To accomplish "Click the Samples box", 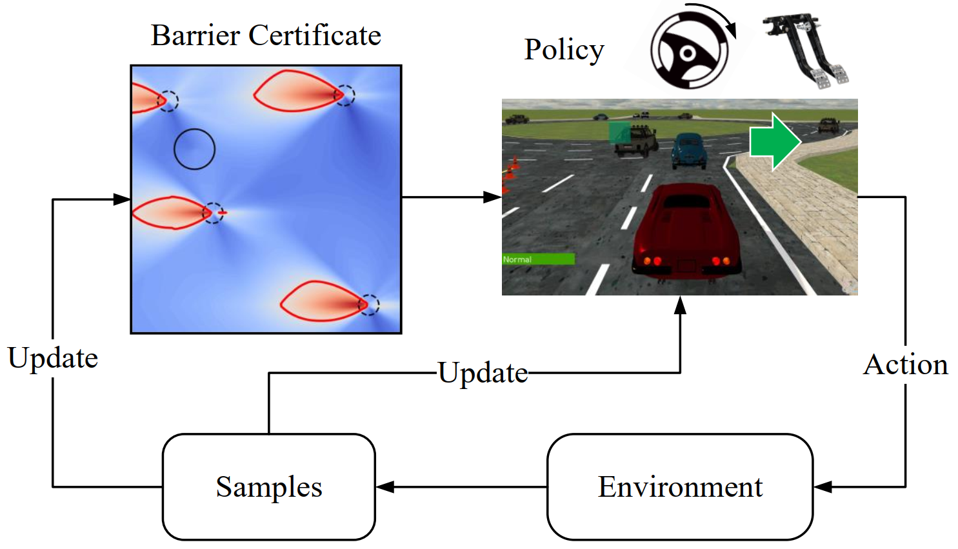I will pos(268,486).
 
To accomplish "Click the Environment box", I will pos(679,486).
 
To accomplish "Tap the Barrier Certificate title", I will pos(266,35).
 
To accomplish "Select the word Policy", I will pos(564,50).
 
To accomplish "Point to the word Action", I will pos(906,364).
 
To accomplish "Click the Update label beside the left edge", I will pos(53,358).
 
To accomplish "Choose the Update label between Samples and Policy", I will pos(483,373).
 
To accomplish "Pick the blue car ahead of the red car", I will pos(688,150).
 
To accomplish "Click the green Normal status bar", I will pos(538,259).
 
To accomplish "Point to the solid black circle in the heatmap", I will pos(194,149).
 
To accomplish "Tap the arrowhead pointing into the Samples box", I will pos(384,487).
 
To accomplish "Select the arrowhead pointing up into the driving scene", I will pos(680,304).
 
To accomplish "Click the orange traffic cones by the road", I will pos(510,170).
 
